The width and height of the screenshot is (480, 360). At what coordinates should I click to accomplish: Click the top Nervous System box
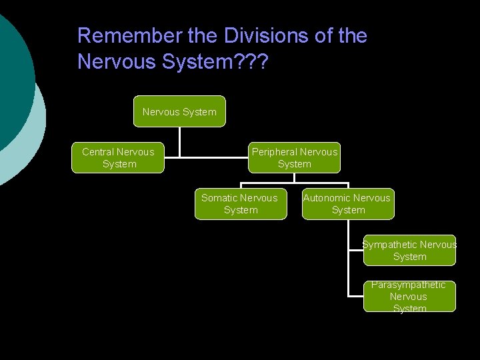click(x=179, y=111)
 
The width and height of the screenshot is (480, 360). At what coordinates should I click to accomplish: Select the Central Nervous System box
click(x=118, y=158)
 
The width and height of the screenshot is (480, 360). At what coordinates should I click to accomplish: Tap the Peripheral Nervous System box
click(x=295, y=158)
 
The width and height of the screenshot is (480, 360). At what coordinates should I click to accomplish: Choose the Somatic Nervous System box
click(x=241, y=204)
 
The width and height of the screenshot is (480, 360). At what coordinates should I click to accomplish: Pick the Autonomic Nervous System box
click(x=348, y=204)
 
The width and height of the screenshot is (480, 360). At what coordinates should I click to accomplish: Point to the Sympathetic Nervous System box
click(x=409, y=251)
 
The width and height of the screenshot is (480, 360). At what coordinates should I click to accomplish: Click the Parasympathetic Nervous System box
click(x=409, y=297)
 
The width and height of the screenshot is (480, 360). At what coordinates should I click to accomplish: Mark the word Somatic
click(x=220, y=198)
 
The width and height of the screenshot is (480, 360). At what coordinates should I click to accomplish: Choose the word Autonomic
click(x=327, y=198)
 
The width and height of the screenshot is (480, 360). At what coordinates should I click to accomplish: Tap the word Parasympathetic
click(x=409, y=285)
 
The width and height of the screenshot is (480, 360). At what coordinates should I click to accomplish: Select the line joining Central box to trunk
click(x=172, y=158)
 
